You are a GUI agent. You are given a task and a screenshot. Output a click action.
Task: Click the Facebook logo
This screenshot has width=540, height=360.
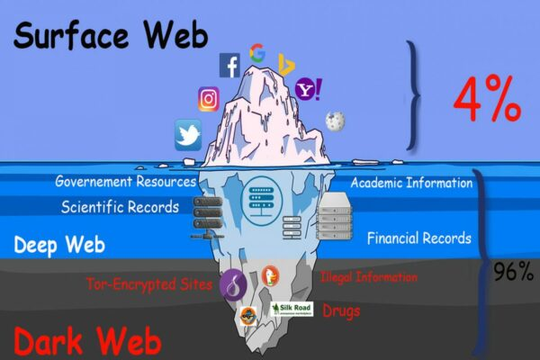coord(230,65)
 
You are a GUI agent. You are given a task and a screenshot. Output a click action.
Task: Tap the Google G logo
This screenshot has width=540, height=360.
coord(257,53)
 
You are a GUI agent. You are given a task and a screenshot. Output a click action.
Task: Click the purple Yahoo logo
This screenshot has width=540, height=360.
coord(309,89)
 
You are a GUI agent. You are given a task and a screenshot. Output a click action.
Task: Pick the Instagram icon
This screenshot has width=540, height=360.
coord(209,99)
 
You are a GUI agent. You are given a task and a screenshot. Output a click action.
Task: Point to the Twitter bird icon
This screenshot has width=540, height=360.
coord(188,135)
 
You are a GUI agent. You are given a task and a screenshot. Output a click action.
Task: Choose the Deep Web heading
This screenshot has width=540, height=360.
coord(59,245)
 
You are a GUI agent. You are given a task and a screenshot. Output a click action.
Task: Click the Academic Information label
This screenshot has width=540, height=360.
coord(411,184)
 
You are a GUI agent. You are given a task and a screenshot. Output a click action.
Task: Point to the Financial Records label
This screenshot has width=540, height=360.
coord(418,238)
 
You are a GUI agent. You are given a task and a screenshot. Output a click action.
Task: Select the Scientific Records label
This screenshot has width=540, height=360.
coord(121,207)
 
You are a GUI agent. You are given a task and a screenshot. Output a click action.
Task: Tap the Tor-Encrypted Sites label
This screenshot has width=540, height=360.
coord(149,285)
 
